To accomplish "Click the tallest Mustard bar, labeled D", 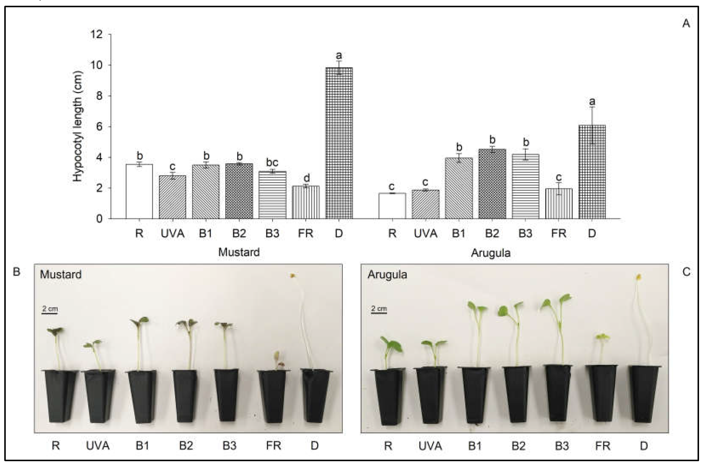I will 339,143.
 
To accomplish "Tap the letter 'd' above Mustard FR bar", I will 306,178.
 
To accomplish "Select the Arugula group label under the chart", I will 491,253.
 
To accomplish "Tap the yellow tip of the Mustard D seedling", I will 293,276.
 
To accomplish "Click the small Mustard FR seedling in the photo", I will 277,360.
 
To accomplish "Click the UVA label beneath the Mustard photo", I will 98,446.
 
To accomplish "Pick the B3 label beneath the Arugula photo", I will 561,446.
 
